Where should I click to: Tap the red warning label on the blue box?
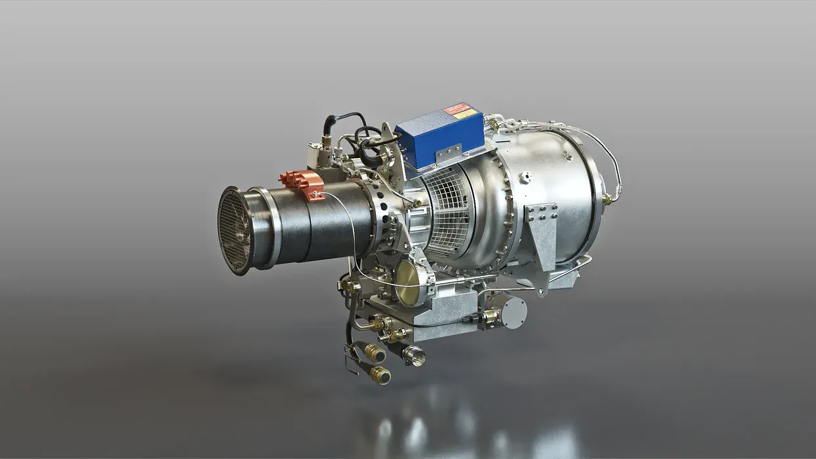pos(457,108)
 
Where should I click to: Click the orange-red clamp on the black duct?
pos(302,184)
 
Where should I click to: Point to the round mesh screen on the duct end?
pos(234,229)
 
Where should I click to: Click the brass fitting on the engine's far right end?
pos(607,198)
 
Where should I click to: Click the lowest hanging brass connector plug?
pos(379,375)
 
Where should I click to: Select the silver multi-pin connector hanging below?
pos(414,356)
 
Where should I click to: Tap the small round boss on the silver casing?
pos(525,176)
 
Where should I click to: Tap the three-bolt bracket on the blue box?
pos(450,155)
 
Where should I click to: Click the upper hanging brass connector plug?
pos(373,353)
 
